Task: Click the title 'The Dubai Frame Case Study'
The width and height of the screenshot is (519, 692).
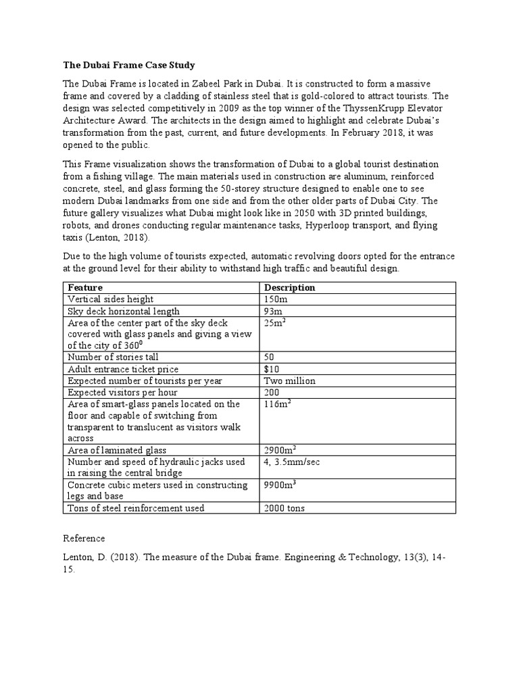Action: pos(129,66)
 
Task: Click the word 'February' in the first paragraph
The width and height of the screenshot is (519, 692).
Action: pos(366,133)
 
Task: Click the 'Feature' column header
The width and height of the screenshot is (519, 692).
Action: pos(85,287)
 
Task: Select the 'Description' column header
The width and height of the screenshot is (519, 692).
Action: pos(290,287)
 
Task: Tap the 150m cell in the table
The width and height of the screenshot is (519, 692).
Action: pos(274,299)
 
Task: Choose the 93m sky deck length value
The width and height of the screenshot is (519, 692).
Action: pos(272,312)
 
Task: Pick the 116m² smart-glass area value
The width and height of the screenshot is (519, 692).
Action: pos(277,405)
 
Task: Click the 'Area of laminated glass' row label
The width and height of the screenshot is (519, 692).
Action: pos(117,450)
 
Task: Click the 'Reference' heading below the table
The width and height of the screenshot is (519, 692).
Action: pos(84,539)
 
